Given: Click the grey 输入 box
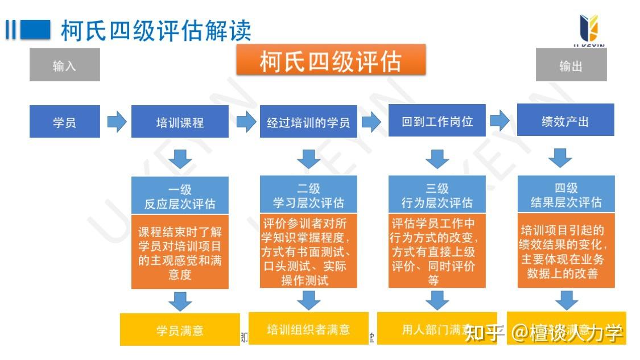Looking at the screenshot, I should [x=64, y=65].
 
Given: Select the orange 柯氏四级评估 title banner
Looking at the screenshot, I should [x=331, y=60].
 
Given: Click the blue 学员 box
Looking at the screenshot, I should [x=64, y=122].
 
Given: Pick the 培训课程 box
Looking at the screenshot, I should [x=180, y=122].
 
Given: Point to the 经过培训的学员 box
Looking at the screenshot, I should [x=308, y=122].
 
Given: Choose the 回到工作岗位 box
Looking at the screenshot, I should [x=437, y=121].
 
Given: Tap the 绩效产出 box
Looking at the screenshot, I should [x=565, y=121].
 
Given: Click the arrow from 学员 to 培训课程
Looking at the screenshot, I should [x=117, y=122].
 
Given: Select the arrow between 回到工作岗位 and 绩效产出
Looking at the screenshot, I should [x=499, y=120].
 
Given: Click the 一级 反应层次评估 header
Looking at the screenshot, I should [x=180, y=196].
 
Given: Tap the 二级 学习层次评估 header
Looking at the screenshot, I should [x=308, y=195].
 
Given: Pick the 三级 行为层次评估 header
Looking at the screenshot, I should [x=437, y=195].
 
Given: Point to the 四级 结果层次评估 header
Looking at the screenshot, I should [x=565, y=195].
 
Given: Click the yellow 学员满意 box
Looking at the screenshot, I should [x=180, y=330].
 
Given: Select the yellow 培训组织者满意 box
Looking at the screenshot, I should [x=308, y=329].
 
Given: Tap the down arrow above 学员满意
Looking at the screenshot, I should [x=180, y=300].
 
